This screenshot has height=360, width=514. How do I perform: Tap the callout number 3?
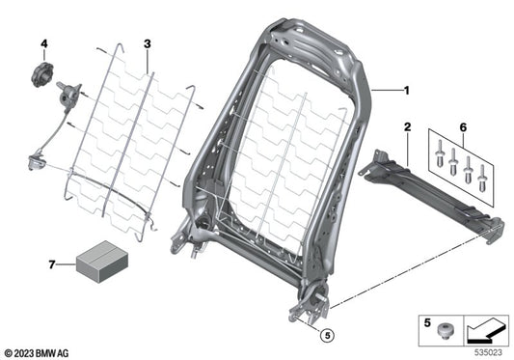(148, 43)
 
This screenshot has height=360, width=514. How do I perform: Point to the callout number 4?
(43, 43)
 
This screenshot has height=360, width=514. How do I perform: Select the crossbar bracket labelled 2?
(434, 193)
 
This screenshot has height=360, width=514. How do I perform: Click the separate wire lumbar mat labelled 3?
(125, 135)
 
